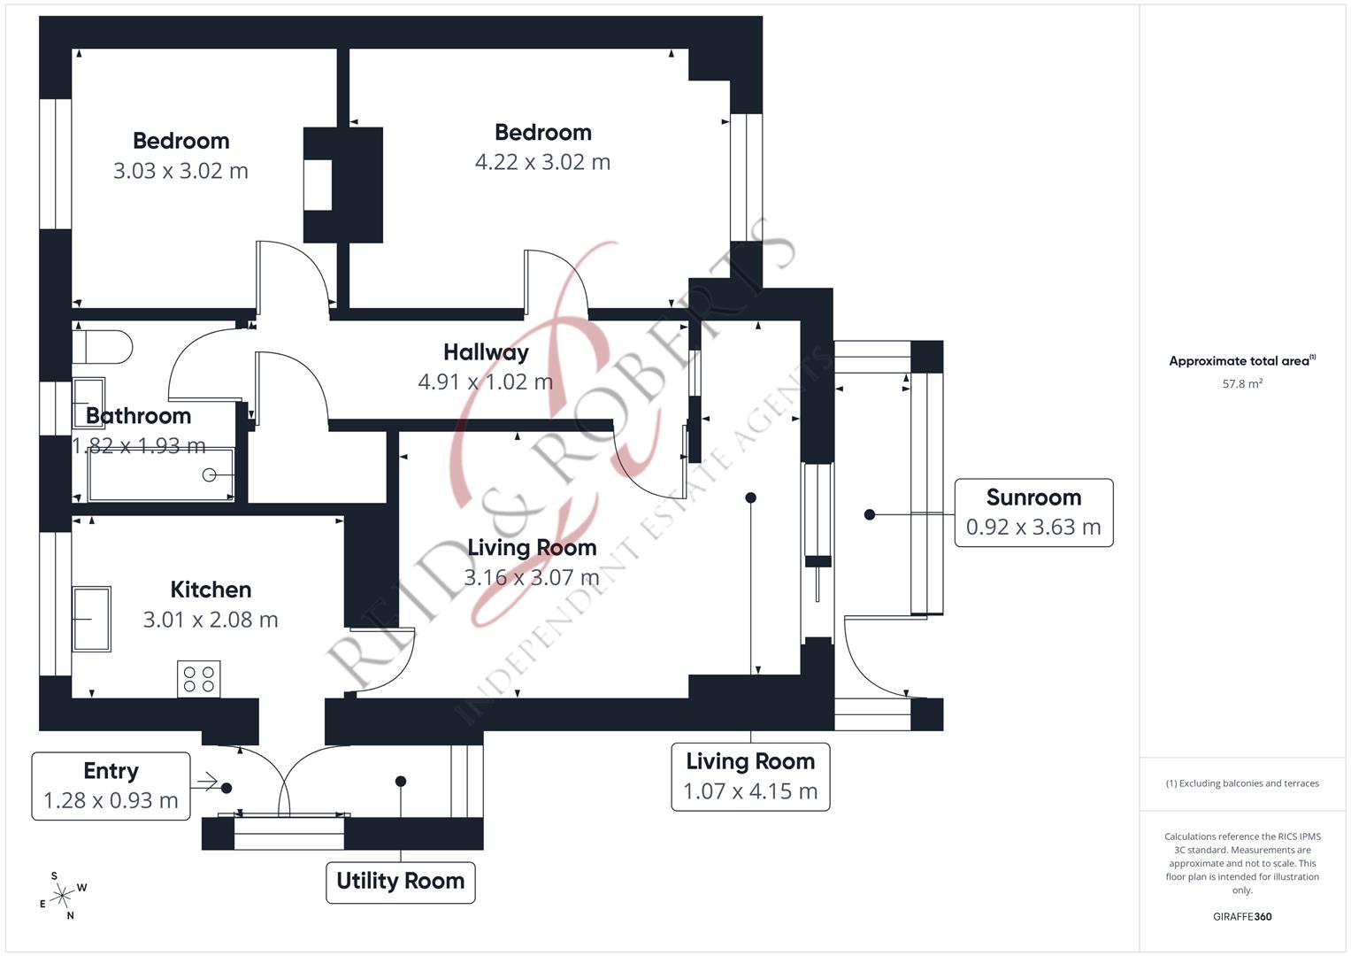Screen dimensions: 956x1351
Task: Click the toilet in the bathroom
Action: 103,346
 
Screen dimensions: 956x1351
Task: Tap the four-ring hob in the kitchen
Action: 198,679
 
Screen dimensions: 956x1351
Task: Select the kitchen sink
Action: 91,619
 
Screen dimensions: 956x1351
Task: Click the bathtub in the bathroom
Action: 160,474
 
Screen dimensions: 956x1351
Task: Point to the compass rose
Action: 62,897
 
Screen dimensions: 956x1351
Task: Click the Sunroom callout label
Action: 1033,513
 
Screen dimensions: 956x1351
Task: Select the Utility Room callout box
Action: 400,882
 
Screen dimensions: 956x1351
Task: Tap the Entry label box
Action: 111,785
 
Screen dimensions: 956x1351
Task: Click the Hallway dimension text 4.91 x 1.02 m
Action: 485,382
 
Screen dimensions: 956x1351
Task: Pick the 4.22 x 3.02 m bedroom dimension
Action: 542,162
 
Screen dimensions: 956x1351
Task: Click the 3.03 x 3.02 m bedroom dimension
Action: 180,171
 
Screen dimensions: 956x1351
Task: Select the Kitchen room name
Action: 211,590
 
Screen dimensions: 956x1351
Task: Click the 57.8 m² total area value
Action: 1242,384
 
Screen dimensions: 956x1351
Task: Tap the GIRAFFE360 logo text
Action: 1242,916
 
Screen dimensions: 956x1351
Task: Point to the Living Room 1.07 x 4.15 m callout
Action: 750,776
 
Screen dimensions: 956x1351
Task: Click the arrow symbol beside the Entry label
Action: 206,781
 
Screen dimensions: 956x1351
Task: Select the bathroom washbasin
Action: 88,403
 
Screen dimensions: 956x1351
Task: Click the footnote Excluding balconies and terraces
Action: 1242,783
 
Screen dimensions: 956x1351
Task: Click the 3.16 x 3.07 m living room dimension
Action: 532,577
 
